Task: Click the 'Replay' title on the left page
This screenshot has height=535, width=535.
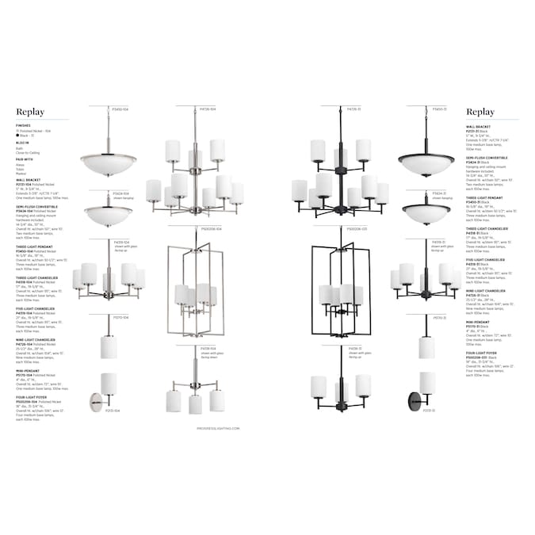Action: (30, 113)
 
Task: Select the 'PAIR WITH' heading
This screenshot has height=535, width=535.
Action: (24, 159)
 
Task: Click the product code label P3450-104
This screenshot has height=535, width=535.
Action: (120, 109)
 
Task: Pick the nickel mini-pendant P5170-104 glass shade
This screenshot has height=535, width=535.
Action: (109, 346)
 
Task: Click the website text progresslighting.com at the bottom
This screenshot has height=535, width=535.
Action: (195, 426)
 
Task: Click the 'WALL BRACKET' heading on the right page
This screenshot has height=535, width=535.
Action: (479, 124)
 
